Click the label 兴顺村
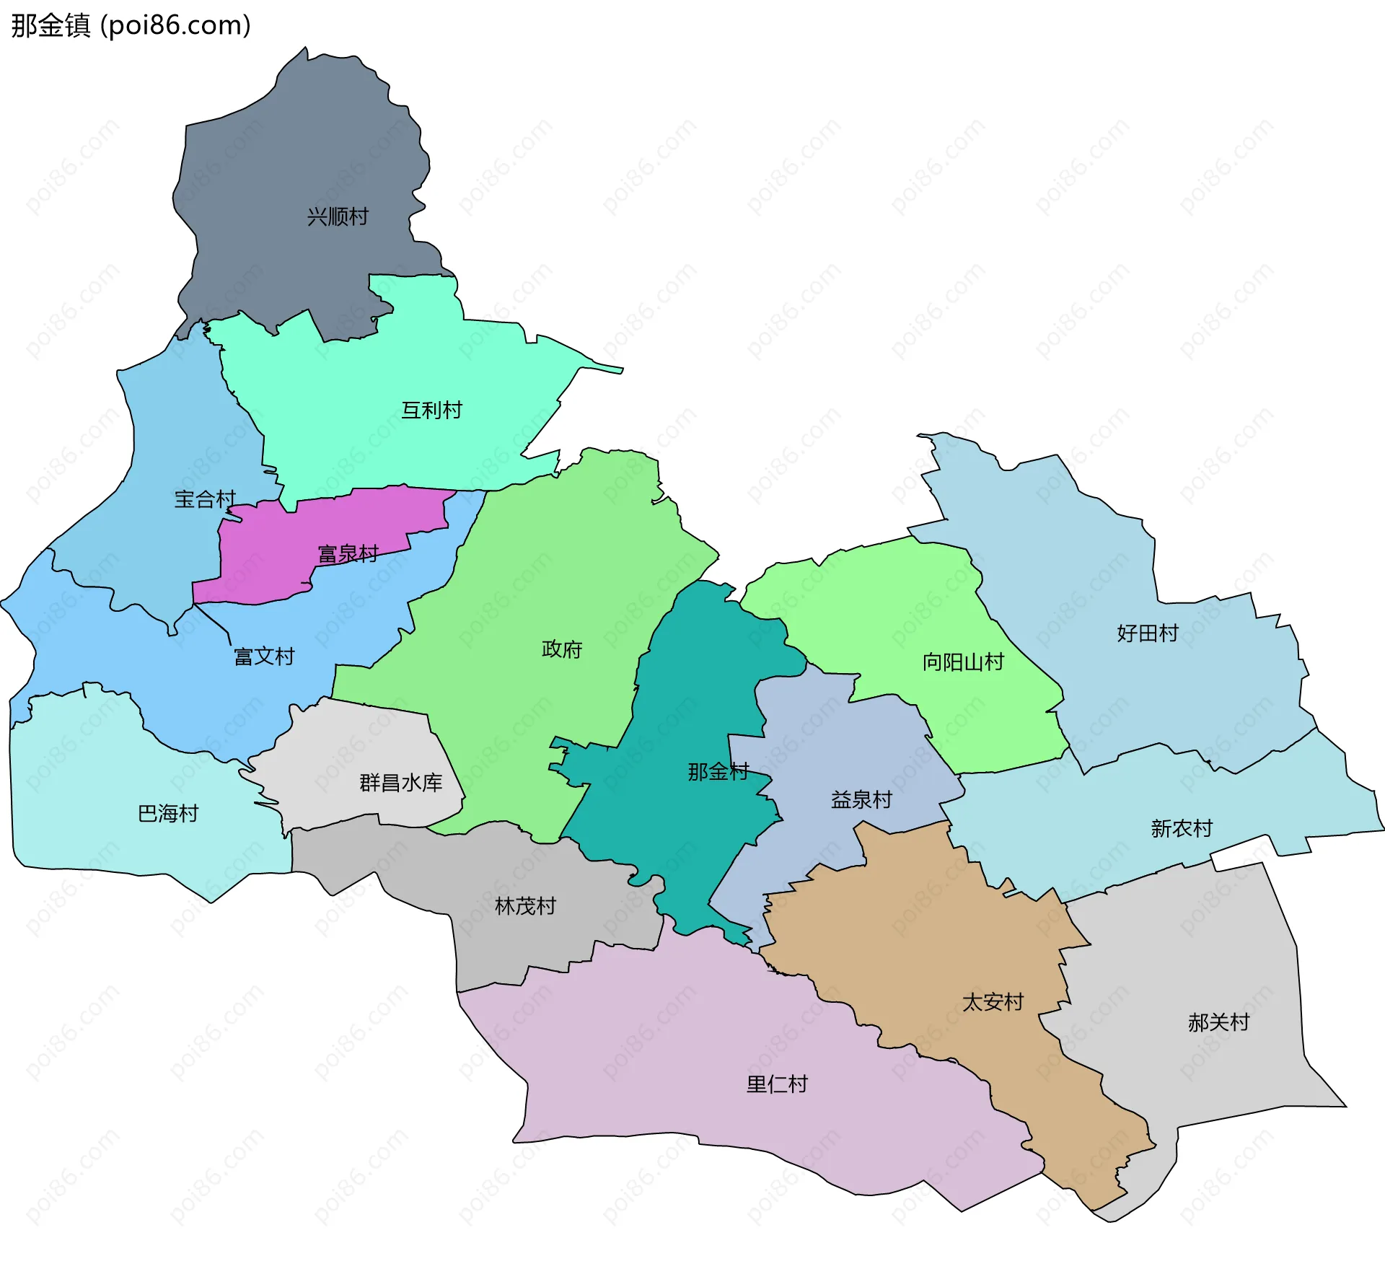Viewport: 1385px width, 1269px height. [338, 216]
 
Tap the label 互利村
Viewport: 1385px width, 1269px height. [431, 410]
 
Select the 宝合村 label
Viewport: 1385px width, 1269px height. [205, 499]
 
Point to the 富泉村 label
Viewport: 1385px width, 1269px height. [348, 554]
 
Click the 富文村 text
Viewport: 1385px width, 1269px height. [264, 657]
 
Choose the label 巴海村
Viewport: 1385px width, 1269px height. [168, 814]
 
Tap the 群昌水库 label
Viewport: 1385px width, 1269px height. [400, 783]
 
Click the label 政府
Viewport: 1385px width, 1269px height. [561, 649]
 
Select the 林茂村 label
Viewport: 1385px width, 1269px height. [525, 906]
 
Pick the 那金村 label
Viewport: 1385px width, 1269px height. [718, 772]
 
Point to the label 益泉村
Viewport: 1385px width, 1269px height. [861, 800]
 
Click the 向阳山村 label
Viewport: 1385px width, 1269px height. [963, 662]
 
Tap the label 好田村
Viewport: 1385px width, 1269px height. [1147, 633]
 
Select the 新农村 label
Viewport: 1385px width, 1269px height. [1182, 828]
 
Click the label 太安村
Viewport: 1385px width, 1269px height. [993, 1002]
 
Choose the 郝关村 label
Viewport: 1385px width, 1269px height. [1218, 1022]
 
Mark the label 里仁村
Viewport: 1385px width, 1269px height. [777, 1084]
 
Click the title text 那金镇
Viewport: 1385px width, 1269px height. [50, 26]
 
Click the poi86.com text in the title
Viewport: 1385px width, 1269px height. [175, 26]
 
